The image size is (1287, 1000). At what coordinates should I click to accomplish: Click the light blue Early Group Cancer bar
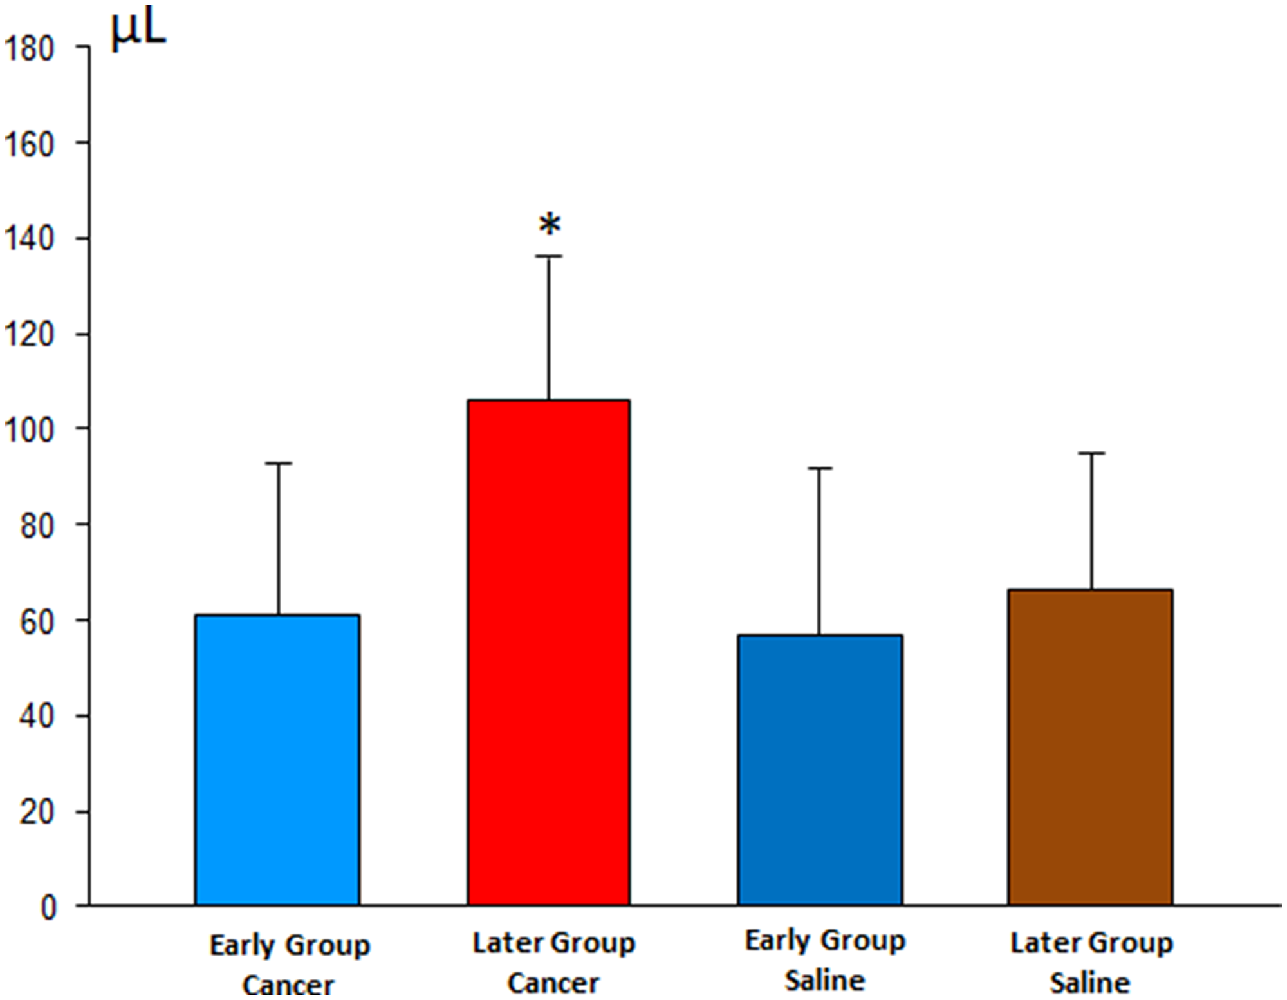pos(277,760)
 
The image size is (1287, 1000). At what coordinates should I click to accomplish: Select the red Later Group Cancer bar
pos(549,652)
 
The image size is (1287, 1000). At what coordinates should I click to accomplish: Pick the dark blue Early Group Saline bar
pos(820,769)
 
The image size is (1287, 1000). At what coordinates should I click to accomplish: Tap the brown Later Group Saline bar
pos(1090,747)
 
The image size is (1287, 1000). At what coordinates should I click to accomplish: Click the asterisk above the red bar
pos(550,226)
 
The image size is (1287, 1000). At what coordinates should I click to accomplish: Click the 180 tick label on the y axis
pos(28,50)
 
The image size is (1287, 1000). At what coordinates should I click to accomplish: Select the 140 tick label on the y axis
pos(28,240)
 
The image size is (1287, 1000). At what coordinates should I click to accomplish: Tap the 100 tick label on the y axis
pos(28,430)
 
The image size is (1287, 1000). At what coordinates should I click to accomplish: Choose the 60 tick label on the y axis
pos(37,621)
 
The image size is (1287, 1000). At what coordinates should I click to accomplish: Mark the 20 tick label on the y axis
pos(37,813)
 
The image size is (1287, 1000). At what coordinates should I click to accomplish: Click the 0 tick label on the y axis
pos(49,908)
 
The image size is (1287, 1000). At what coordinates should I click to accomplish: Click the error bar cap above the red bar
pos(549,256)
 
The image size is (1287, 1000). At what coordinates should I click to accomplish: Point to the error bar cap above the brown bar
pos(1091,453)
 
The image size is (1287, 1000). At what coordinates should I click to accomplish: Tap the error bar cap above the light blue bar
pos(279,463)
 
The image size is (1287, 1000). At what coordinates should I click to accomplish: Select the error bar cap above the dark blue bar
pos(819,468)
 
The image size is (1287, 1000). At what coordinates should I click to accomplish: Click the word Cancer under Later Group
pos(553,983)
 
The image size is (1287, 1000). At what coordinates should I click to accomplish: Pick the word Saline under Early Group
pos(825,981)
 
